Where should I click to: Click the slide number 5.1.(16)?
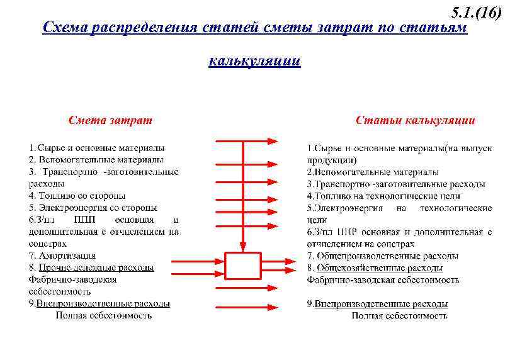pyautogui.click(x=477, y=13)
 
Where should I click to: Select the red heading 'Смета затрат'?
pyautogui.click(x=110, y=120)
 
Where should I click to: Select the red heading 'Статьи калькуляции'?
pyautogui.click(x=416, y=120)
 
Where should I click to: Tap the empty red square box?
pyautogui.click(x=243, y=266)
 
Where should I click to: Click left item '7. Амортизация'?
pyautogui.click(x=62, y=256)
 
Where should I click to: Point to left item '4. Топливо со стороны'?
pyautogui.click(x=77, y=196)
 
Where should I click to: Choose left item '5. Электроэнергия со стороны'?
pyautogui.click(x=93, y=208)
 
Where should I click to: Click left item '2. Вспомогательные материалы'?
pyautogui.click(x=96, y=160)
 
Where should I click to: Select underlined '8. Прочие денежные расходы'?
pyautogui.click(x=91, y=267)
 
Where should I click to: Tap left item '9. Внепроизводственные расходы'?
pyautogui.click(x=99, y=303)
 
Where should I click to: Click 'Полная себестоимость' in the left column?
pyautogui.click(x=103, y=315)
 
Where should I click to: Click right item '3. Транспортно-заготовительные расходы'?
pyautogui.click(x=396, y=184)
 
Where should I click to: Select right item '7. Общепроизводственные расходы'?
pyautogui.click(x=383, y=256)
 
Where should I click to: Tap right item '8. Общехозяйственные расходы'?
pyautogui.click(x=376, y=267)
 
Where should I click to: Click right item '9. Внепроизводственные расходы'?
pyautogui.click(x=378, y=303)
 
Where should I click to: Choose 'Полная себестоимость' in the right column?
pyautogui.click(x=399, y=315)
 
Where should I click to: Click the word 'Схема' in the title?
pyautogui.click(x=64, y=28)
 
